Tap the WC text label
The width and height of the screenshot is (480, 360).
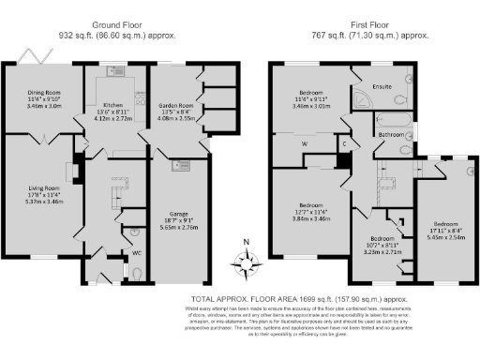pos(137,253)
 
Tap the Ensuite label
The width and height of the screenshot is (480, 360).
pos(382,88)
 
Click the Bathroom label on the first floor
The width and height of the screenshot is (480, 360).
pos(390,136)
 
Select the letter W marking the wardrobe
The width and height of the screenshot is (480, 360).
pos(306,142)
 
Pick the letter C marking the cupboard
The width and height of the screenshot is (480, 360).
pos(344,143)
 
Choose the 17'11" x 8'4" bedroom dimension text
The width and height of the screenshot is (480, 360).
pos(446,230)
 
